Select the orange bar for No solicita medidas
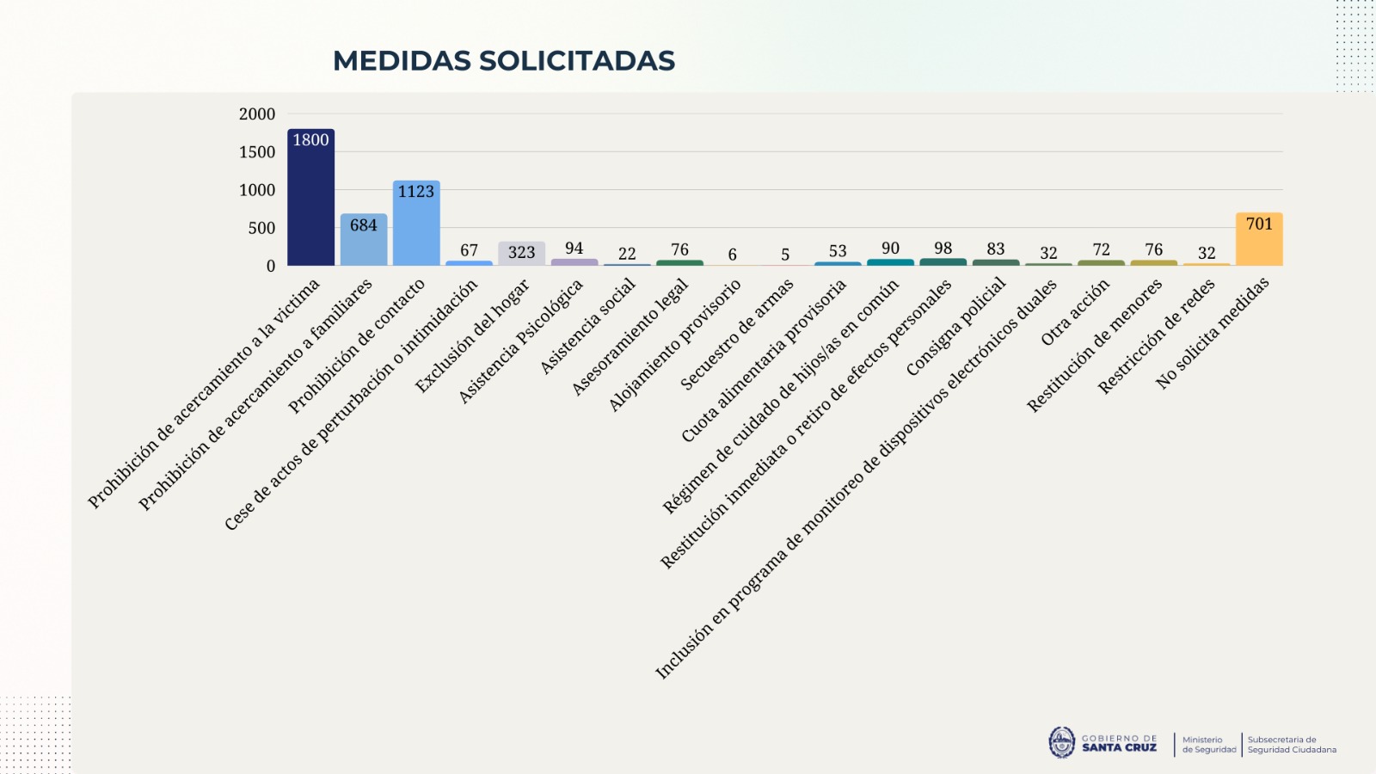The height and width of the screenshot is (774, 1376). tap(1258, 245)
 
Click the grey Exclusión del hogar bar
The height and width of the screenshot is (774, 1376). tap(521, 255)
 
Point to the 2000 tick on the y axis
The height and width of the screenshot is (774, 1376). tap(257, 114)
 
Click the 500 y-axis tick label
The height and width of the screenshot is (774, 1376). tap(261, 229)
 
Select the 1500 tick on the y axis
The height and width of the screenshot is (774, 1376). tap(257, 152)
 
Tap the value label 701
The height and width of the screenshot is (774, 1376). tap(1259, 224)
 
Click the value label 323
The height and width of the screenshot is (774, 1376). tap(521, 252)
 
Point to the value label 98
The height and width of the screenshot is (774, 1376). tap(943, 249)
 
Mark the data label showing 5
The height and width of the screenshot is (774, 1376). tap(785, 255)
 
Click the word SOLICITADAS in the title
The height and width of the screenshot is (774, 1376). tap(576, 61)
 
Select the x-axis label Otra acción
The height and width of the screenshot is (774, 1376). tap(1075, 313)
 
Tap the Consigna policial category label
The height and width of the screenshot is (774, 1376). tap(956, 327)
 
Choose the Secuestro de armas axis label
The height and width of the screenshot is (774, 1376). tap(737, 335)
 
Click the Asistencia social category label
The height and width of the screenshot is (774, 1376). tap(588, 327)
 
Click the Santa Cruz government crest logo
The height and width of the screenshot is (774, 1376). tap(1062, 742)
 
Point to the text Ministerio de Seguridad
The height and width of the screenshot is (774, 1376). tap(1208, 745)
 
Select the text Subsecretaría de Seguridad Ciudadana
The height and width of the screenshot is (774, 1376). tap(1292, 745)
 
